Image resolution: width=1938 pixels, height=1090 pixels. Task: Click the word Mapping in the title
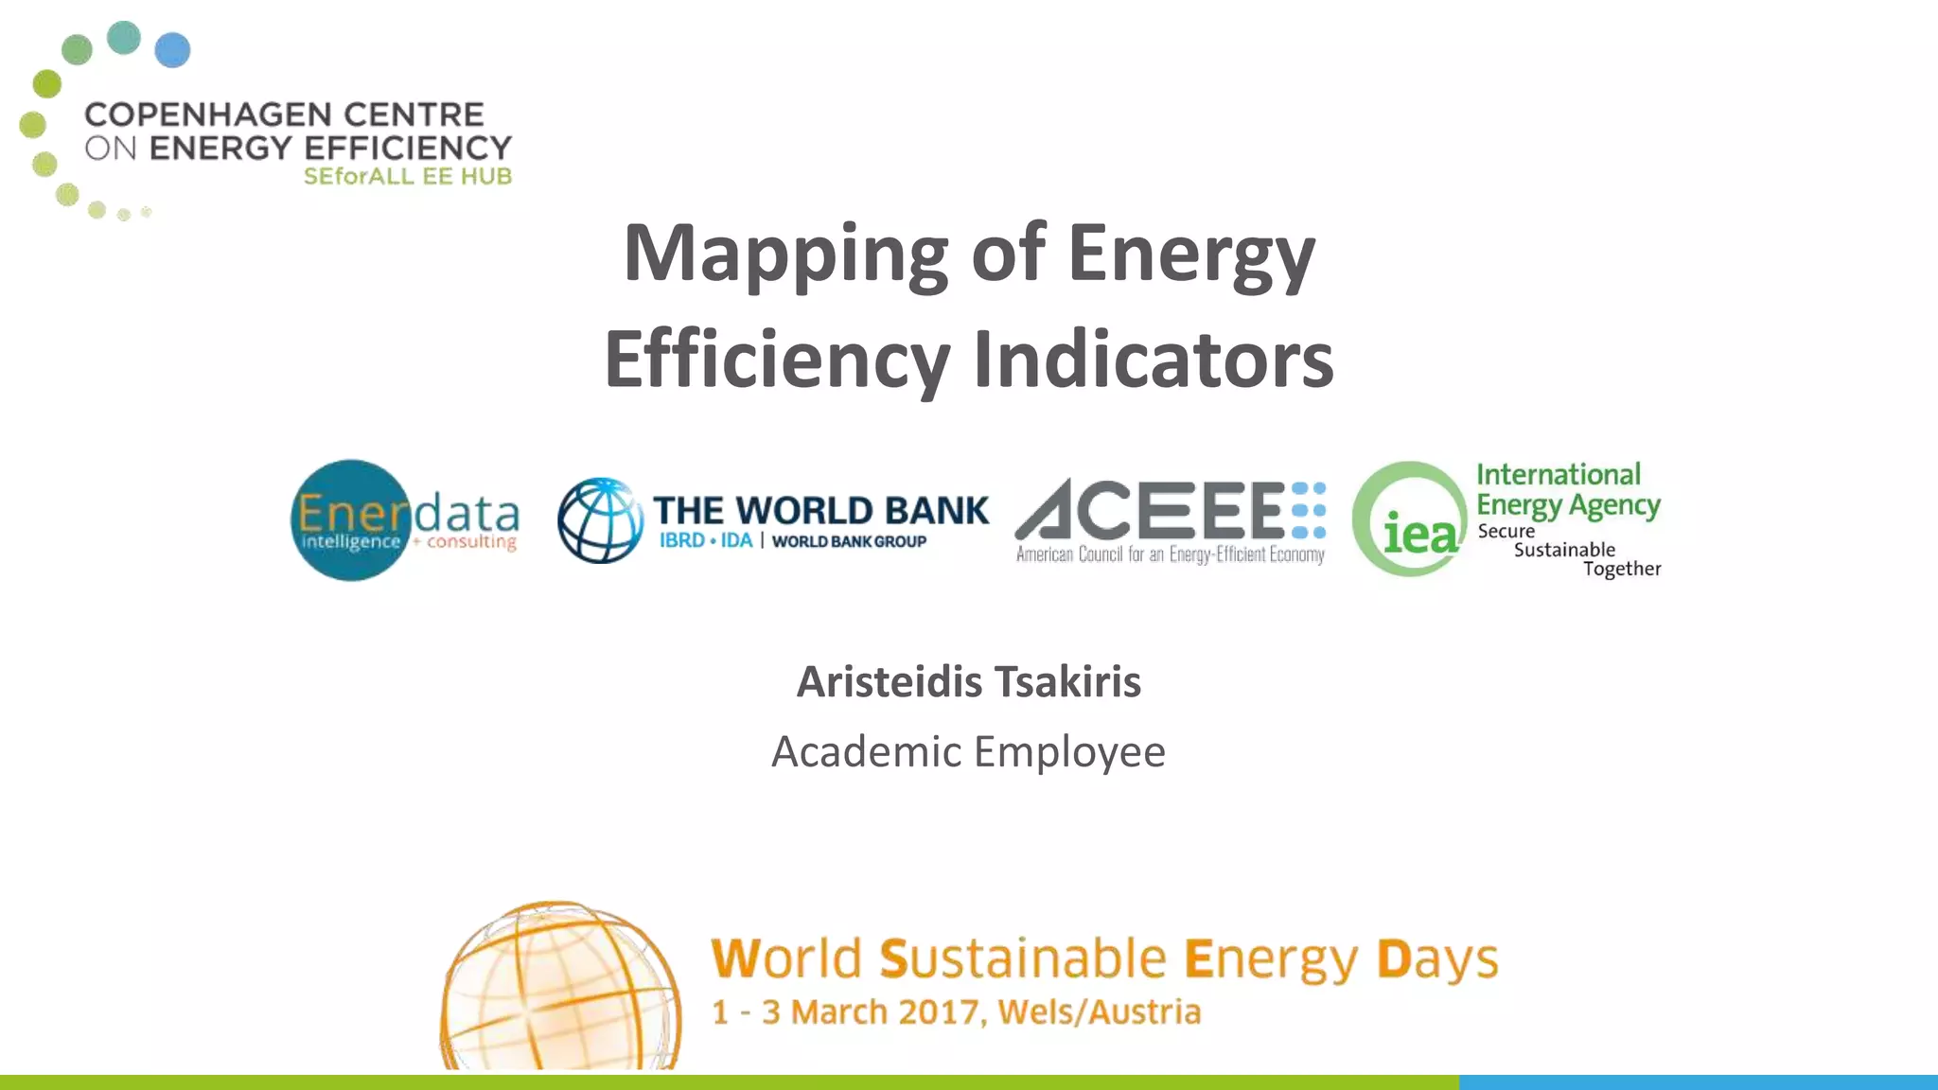tap(784, 254)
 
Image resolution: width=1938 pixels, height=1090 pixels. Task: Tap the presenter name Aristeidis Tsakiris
tap(968, 681)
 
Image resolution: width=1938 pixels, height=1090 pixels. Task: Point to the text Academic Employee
tap(968, 752)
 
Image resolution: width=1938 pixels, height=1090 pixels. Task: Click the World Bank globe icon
tap(600, 520)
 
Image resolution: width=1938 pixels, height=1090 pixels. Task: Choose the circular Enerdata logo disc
tap(350, 520)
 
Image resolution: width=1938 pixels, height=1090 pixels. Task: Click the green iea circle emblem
tap(1410, 519)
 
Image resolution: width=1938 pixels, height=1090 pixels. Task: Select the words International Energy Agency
tap(1567, 489)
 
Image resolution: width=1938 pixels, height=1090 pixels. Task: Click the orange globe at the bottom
tap(560, 989)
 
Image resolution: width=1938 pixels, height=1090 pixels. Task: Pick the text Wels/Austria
tap(1099, 1012)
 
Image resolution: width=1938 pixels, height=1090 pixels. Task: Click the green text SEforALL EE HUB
tap(407, 177)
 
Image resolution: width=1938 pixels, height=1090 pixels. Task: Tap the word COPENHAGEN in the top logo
tap(207, 114)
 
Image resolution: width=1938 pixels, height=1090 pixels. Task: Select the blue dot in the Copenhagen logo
tap(172, 50)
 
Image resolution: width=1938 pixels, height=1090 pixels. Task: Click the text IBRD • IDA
tap(706, 541)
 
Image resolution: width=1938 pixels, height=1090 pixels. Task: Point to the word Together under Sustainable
tap(1622, 569)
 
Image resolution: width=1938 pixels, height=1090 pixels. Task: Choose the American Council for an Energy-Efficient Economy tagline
tap(1170, 554)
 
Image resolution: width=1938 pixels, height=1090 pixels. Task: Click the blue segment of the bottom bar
tap(1698, 1081)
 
